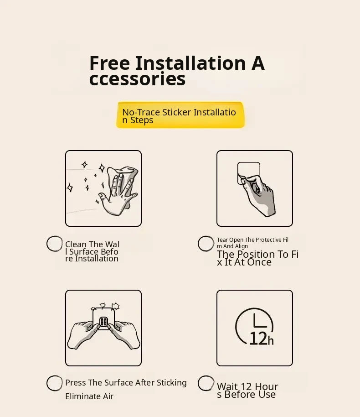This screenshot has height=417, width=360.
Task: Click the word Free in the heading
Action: click(x=109, y=63)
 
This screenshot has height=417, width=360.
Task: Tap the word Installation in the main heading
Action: click(x=190, y=63)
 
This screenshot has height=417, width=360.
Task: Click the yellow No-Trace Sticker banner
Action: click(x=180, y=115)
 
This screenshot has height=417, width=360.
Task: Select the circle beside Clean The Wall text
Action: click(x=55, y=244)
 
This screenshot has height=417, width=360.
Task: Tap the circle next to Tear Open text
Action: click(x=206, y=243)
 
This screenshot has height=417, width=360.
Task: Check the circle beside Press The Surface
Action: click(x=55, y=383)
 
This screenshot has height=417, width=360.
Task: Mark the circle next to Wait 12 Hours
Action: click(x=206, y=383)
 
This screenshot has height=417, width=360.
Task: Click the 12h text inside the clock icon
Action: click(x=262, y=339)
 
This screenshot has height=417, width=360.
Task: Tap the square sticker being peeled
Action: click(x=249, y=173)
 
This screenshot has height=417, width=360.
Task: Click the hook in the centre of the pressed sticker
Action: click(x=103, y=322)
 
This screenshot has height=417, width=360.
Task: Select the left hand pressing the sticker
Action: click(x=81, y=334)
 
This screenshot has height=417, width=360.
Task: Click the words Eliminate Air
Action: click(x=89, y=396)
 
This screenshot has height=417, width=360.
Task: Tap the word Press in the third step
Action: click(x=76, y=383)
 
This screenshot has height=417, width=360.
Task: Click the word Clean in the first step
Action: click(x=76, y=244)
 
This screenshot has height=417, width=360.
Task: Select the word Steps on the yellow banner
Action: click(x=142, y=120)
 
